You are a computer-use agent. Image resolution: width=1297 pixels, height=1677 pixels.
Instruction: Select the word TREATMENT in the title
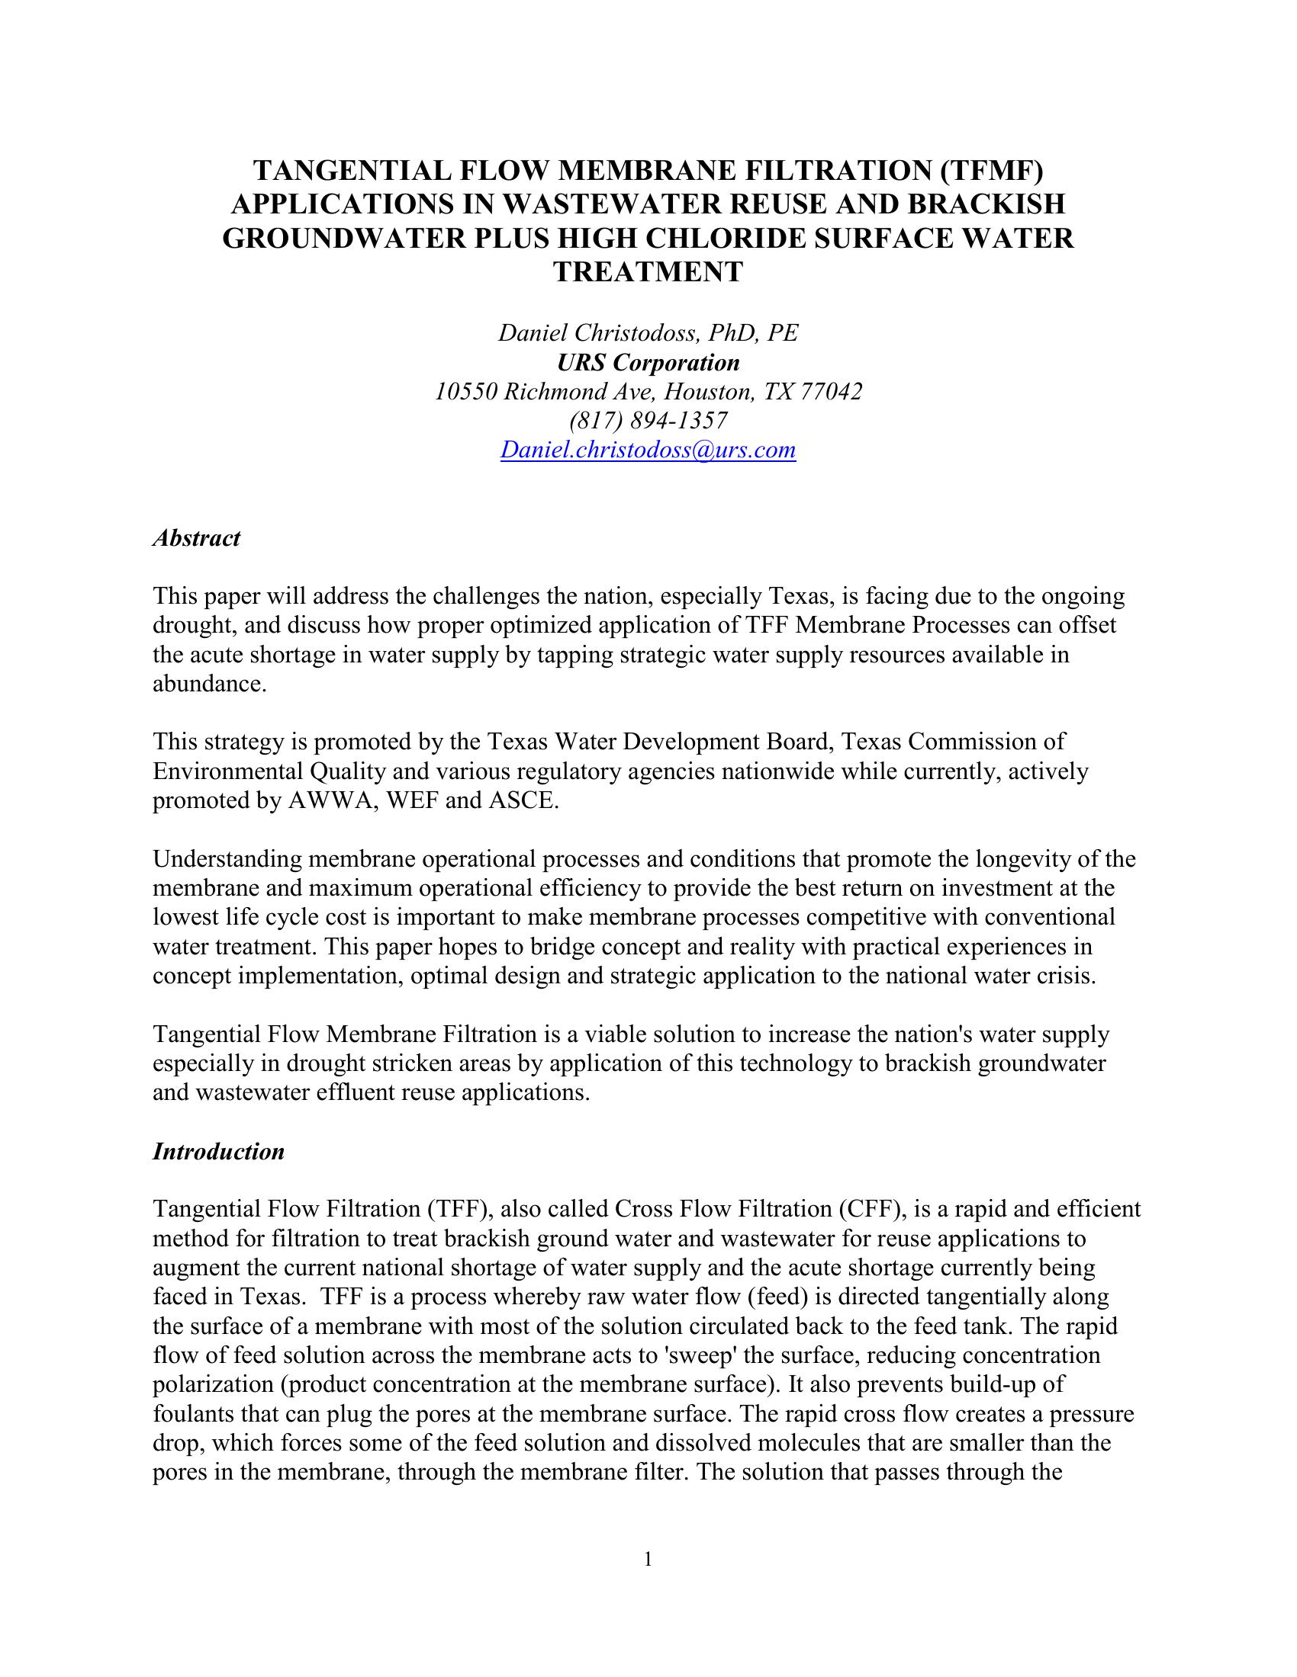tap(648, 272)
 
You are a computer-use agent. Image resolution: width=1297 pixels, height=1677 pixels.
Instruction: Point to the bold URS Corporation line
tap(648, 361)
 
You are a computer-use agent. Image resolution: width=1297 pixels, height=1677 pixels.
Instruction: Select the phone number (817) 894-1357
tap(648, 421)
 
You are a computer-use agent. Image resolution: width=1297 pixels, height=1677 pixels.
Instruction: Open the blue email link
tap(648, 450)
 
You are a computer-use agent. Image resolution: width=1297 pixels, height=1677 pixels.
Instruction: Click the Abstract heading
tap(197, 538)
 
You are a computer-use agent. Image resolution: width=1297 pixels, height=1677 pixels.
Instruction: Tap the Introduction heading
tap(219, 1152)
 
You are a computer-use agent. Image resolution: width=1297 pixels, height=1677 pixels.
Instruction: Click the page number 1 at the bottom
tap(648, 1559)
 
